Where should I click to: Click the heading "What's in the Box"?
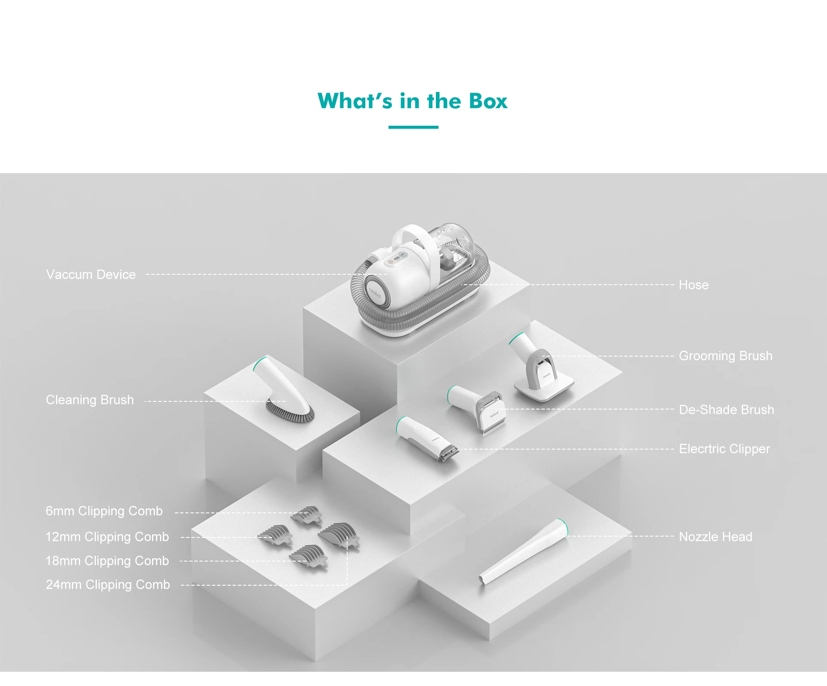point(413,101)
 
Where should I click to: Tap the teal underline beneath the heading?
point(413,127)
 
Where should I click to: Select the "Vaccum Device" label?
point(91,274)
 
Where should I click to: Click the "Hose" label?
point(693,285)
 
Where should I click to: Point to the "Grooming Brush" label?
point(726,356)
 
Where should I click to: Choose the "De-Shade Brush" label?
point(727,410)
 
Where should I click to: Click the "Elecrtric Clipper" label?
point(724,449)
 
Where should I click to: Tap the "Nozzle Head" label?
point(716,537)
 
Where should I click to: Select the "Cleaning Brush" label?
point(90,400)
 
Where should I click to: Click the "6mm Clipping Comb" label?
point(104,511)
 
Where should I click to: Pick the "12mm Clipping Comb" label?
point(107,537)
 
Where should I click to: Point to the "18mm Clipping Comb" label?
point(107,561)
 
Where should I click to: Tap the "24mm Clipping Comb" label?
point(108,584)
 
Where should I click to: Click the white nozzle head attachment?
point(523,553)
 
